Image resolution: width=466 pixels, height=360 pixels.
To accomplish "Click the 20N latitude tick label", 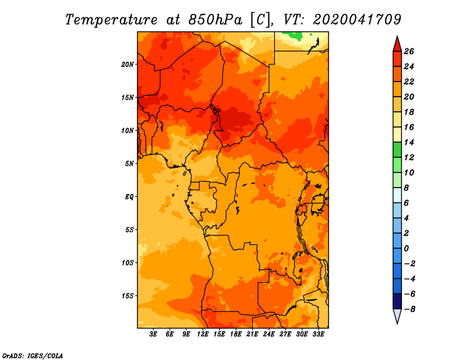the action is tap(127, 65).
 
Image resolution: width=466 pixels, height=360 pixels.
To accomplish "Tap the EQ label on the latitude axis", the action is tap(129, 197).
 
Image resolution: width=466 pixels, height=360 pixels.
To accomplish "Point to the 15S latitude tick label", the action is tap(128, 296).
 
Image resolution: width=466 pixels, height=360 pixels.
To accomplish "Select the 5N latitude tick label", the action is tap(129, 164).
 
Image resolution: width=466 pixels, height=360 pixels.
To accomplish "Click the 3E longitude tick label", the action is tap(153, 334).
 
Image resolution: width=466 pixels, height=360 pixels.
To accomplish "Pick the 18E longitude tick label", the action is tap(236, 334).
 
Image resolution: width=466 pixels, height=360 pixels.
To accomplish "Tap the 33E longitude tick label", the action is tap(318, 334).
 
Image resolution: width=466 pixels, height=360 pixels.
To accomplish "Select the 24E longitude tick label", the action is tap(269, 334).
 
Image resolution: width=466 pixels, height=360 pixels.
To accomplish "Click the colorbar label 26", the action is tap(409, 51).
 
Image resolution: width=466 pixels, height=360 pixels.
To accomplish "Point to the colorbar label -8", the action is tap(409, 309).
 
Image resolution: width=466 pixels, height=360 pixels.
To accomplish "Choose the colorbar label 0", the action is tap(406, 249).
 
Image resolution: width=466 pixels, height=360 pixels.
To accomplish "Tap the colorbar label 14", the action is tap(409, 142).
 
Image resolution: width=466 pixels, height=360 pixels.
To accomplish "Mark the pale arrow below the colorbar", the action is tap(397, 315).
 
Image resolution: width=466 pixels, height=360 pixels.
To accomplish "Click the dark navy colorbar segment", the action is tap(397, 301).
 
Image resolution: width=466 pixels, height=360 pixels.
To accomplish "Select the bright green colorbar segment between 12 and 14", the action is tap(397, 150).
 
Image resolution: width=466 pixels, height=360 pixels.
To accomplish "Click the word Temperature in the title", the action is tap(111, 20).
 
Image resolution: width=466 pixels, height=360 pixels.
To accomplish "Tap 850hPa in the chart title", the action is tap(215, 20).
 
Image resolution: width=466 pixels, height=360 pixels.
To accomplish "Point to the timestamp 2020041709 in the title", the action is tap(357, 20).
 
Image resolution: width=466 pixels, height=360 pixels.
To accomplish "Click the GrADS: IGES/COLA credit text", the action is tap(33, 356).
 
